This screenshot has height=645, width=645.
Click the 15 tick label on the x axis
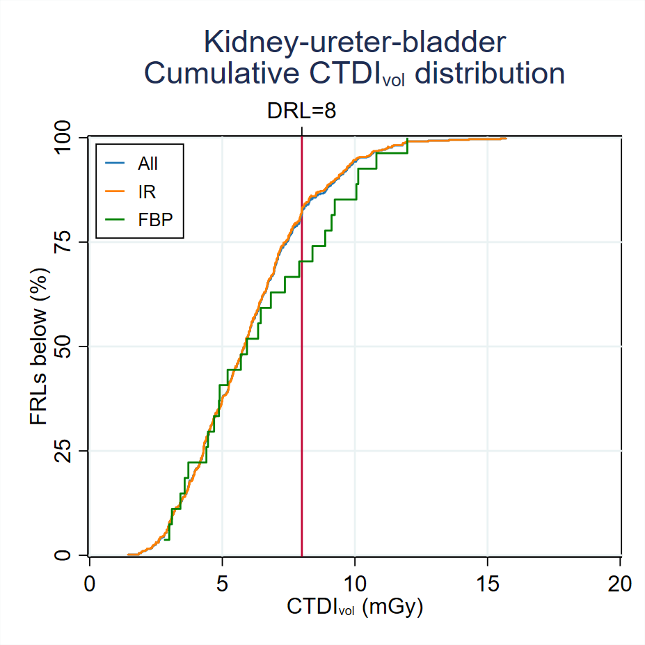(487, 583)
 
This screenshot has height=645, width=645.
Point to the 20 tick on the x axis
(619, 583)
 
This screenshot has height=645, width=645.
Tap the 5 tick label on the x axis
(222, 583)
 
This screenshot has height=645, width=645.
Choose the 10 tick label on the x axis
(355, 583)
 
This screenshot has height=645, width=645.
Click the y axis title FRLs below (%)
(39, 346)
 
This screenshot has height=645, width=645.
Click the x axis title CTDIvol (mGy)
(355, 607)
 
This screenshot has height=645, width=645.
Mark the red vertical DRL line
(302, 383)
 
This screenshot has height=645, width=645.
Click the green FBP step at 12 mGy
(407, 146)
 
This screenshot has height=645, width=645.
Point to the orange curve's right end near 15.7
(505, 138)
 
